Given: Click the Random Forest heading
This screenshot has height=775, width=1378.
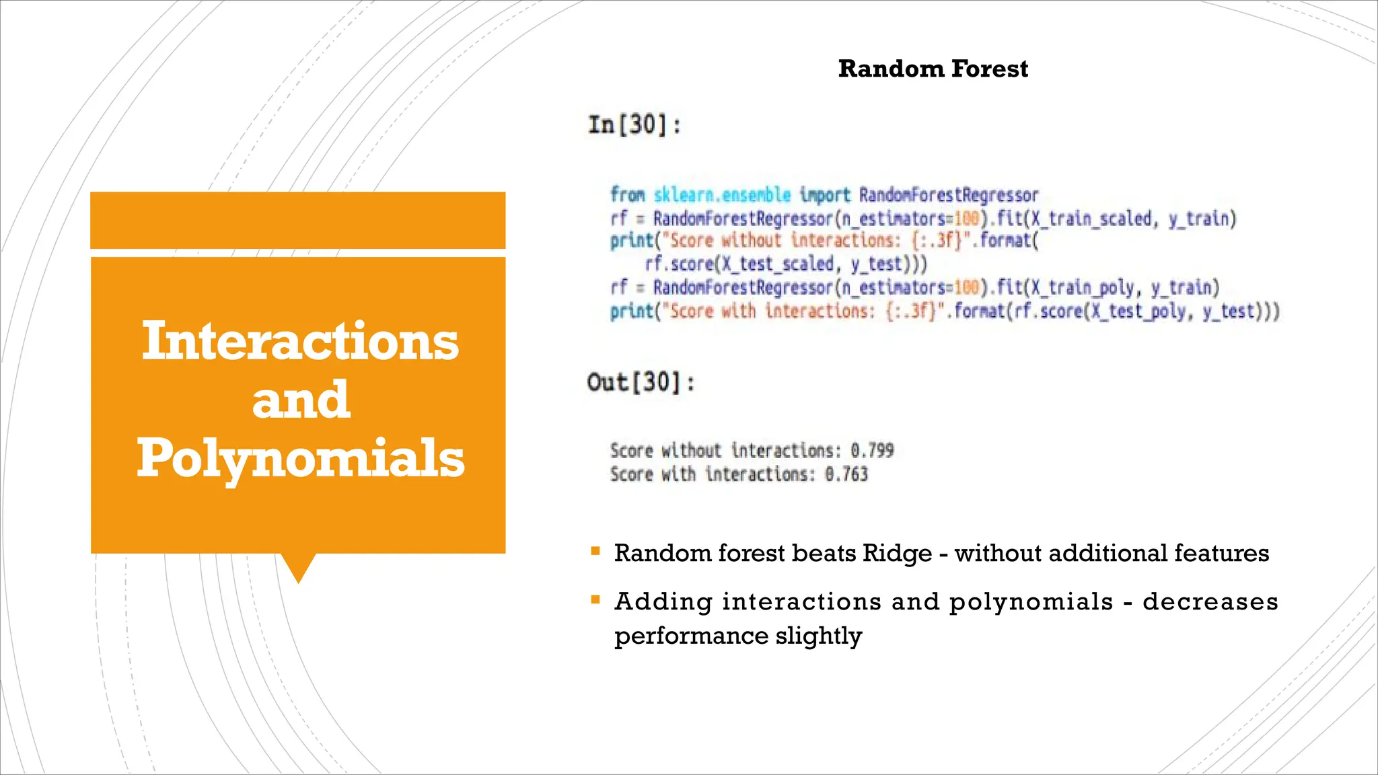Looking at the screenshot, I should pos(933,69).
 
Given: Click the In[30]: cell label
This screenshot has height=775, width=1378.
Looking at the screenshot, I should pos(634,125).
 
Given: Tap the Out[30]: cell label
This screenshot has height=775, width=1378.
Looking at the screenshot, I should pos(641,383).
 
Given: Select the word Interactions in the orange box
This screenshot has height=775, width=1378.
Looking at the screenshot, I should pos(300,341).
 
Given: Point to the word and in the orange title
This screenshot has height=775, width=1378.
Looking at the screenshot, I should pos(301,400).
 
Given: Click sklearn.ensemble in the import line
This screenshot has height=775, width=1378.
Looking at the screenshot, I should pos(722,195).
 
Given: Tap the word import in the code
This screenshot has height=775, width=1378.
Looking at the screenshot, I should pos(825,195).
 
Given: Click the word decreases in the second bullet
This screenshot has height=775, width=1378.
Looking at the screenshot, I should pos(1210,601).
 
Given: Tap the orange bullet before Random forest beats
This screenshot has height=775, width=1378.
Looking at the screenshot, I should pos(595,552).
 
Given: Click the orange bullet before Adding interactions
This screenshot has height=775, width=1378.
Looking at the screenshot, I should pos(595,599).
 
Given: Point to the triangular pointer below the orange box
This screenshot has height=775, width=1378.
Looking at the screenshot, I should pos(298,566).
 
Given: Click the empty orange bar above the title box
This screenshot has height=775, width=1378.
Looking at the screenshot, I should pos(297,221).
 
